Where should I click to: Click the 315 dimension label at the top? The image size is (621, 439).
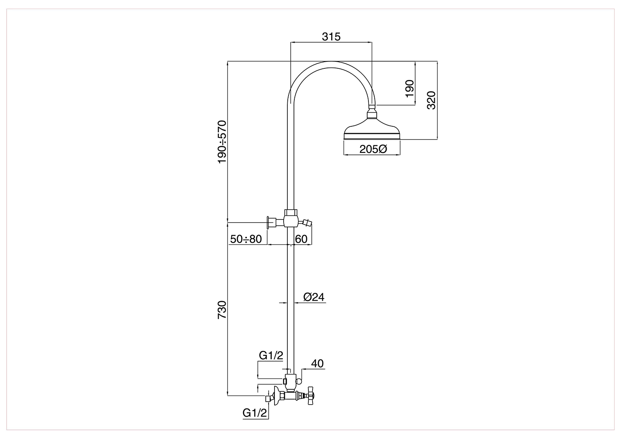(331, 36)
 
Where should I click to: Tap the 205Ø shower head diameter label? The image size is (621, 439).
(373, 149)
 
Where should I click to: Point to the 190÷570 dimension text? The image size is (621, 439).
(222, 142)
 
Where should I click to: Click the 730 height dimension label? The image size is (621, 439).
(222, 309)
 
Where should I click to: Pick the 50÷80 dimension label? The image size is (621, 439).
(246, 239)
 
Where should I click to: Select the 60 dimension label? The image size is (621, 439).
(301, 239)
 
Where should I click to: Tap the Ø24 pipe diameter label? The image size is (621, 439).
(314, 297)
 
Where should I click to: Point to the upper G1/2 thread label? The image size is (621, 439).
(271, 355)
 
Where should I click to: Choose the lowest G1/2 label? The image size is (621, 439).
(255, 413)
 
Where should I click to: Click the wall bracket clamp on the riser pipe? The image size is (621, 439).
(291, 218)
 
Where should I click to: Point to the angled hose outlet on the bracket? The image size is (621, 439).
(306, 222)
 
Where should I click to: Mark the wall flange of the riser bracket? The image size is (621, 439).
(268, 222)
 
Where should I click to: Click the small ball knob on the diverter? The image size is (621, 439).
(299, 381)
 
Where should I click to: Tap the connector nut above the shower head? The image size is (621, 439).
(372, 114)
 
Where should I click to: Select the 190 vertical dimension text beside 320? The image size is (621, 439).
(409, 89)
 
